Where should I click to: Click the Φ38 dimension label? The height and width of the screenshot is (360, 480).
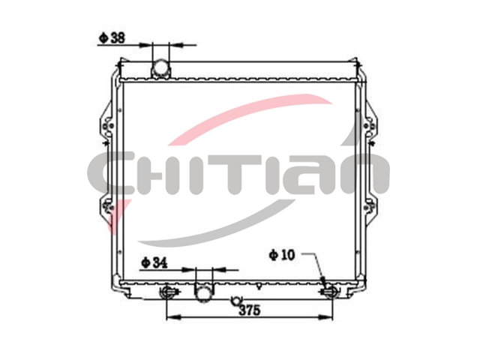pyautogui.click(x=112, y=38)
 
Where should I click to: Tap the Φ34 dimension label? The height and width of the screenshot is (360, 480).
pyautogui.click(x=154, y=262)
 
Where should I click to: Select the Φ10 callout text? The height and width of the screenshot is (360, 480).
pyautogui.click(x=282, y=255)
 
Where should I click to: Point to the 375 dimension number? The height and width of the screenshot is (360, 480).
pyautogui.click(x=250, y=310)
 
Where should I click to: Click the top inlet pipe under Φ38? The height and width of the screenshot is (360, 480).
pyautogui.click(x=160, y=68)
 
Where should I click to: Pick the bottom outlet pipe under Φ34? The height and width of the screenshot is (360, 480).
pyautogui.click(x=203, y=292)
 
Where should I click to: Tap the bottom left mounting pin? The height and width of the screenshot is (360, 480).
pyautogui.click(x=167, y=292)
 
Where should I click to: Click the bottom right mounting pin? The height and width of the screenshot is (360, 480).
pyautogui.click(x=330, y=292)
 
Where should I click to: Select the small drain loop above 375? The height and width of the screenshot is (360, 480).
pyautogui.click(x=236, y=301)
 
